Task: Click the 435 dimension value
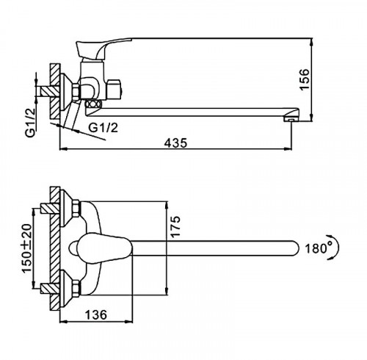(175, 143)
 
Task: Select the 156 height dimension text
(305, 79)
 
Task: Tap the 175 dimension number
(175, 226)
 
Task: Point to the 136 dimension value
(96, 314)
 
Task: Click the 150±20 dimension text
(27, 248)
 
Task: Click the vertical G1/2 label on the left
(30, 123)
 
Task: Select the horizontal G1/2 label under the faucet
(103, 128)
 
